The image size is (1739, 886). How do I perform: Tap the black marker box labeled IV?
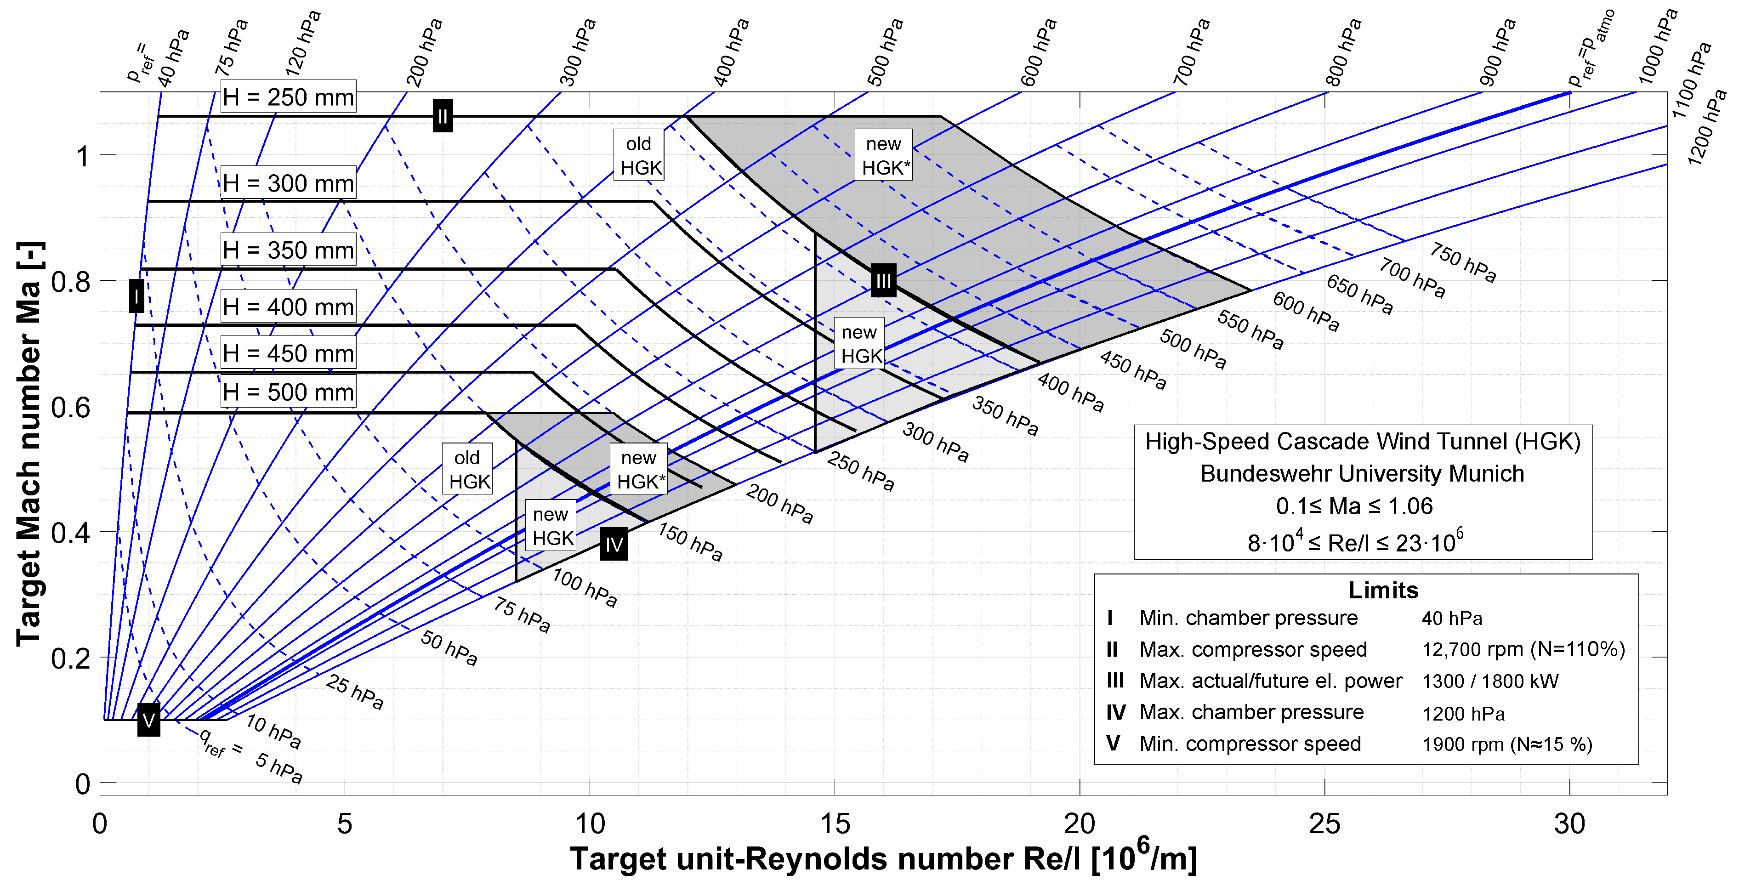[614, 544]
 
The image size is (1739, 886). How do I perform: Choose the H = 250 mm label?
[288, 97]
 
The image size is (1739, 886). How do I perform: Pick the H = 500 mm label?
[288, 392]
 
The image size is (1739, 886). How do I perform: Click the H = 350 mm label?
[288, 250]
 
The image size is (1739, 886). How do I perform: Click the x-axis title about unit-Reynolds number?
[883, 858]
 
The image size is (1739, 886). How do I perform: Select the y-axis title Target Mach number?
[30, 444]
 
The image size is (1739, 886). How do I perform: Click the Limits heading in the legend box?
[1383, 590]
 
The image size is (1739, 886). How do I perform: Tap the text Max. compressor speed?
[1252, 649]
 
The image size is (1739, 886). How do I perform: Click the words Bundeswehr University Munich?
[1362, 474]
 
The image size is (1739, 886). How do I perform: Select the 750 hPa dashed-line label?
[1462, 262]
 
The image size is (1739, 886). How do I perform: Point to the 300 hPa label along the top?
[579, 53]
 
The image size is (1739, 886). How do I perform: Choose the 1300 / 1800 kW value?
[1490, 681]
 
